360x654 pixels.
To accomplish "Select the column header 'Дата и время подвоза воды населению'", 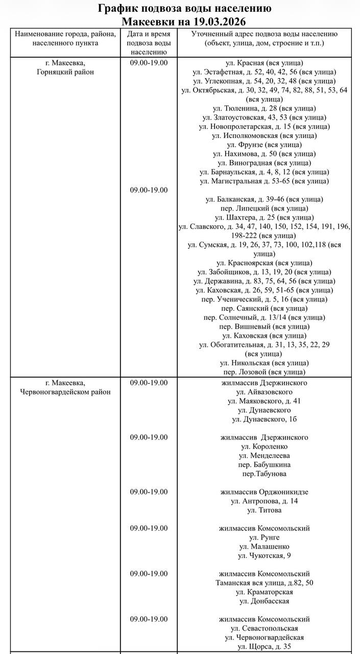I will pyautogui.click(x=148, y=42).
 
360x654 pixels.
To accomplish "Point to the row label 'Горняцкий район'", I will pyautogui.click(x=65, y=72).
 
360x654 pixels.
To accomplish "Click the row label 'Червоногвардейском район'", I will pyautogui.click(x=65, y=392).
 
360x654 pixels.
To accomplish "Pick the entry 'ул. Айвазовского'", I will pyautogui.click(x=264, y=392).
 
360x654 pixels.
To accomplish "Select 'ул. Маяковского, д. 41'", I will pyautogui.click(x=264, y=401).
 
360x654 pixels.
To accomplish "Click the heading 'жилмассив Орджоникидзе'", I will pyautogui.click(x=264, y=492).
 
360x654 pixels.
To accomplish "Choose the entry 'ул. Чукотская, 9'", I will pyautogui.click(x=264, y=556).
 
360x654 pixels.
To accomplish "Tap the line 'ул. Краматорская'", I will pyautogui.click(x=264, y=592).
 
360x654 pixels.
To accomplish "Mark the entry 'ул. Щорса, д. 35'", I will pyautogui.click(x=264, y=646).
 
